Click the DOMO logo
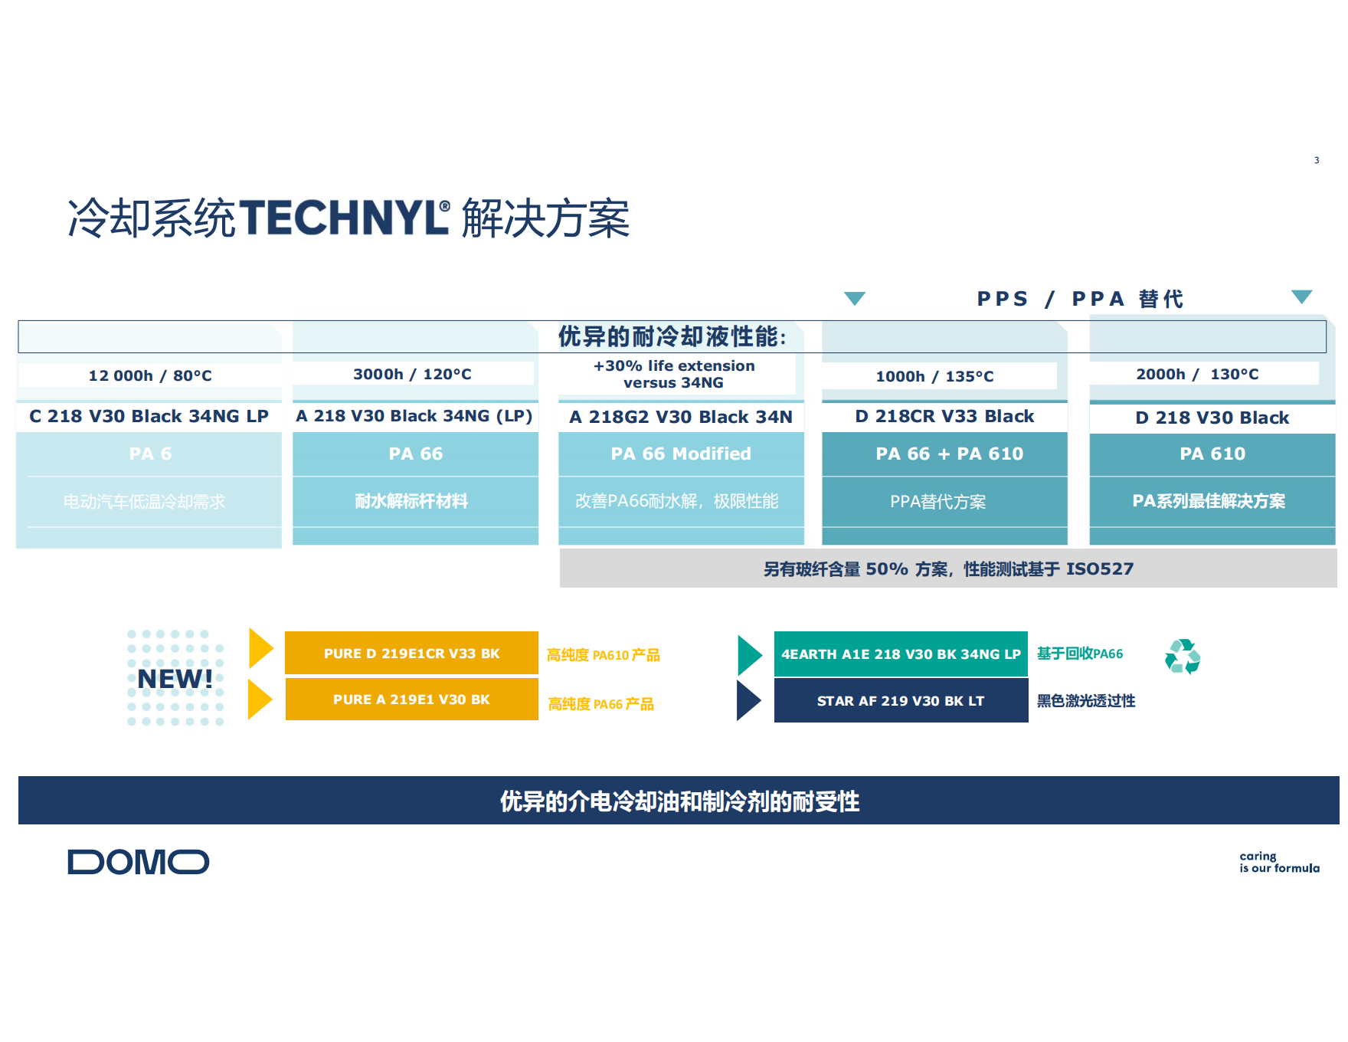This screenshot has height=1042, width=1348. coord(138,862)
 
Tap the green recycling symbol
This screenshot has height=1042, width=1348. coord(1182,657)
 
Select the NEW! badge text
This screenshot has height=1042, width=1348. coord(175,679)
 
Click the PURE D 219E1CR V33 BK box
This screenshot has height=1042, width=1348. coord(411,654)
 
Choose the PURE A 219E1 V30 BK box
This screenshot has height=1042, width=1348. coord(411,700)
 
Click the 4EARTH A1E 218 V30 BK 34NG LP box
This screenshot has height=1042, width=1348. coord(901,654)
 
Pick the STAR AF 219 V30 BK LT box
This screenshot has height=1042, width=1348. coord(901,701)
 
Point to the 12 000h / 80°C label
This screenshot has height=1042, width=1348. coord(150,375)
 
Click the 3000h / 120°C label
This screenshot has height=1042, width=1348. coord(412,374)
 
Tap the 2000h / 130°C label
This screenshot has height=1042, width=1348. coord(1197,374)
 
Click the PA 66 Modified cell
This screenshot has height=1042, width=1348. coord(680,454)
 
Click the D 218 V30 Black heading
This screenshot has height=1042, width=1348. coord(1212,418)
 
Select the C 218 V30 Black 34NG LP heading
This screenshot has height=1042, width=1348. coord(149,416)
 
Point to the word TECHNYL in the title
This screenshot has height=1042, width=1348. coord(343,218)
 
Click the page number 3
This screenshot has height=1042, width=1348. coord(1317,160)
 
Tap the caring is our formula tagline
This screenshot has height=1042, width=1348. coord(1279,862)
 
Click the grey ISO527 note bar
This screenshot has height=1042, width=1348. coord(948,569)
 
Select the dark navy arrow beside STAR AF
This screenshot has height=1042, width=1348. coord(748,700)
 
